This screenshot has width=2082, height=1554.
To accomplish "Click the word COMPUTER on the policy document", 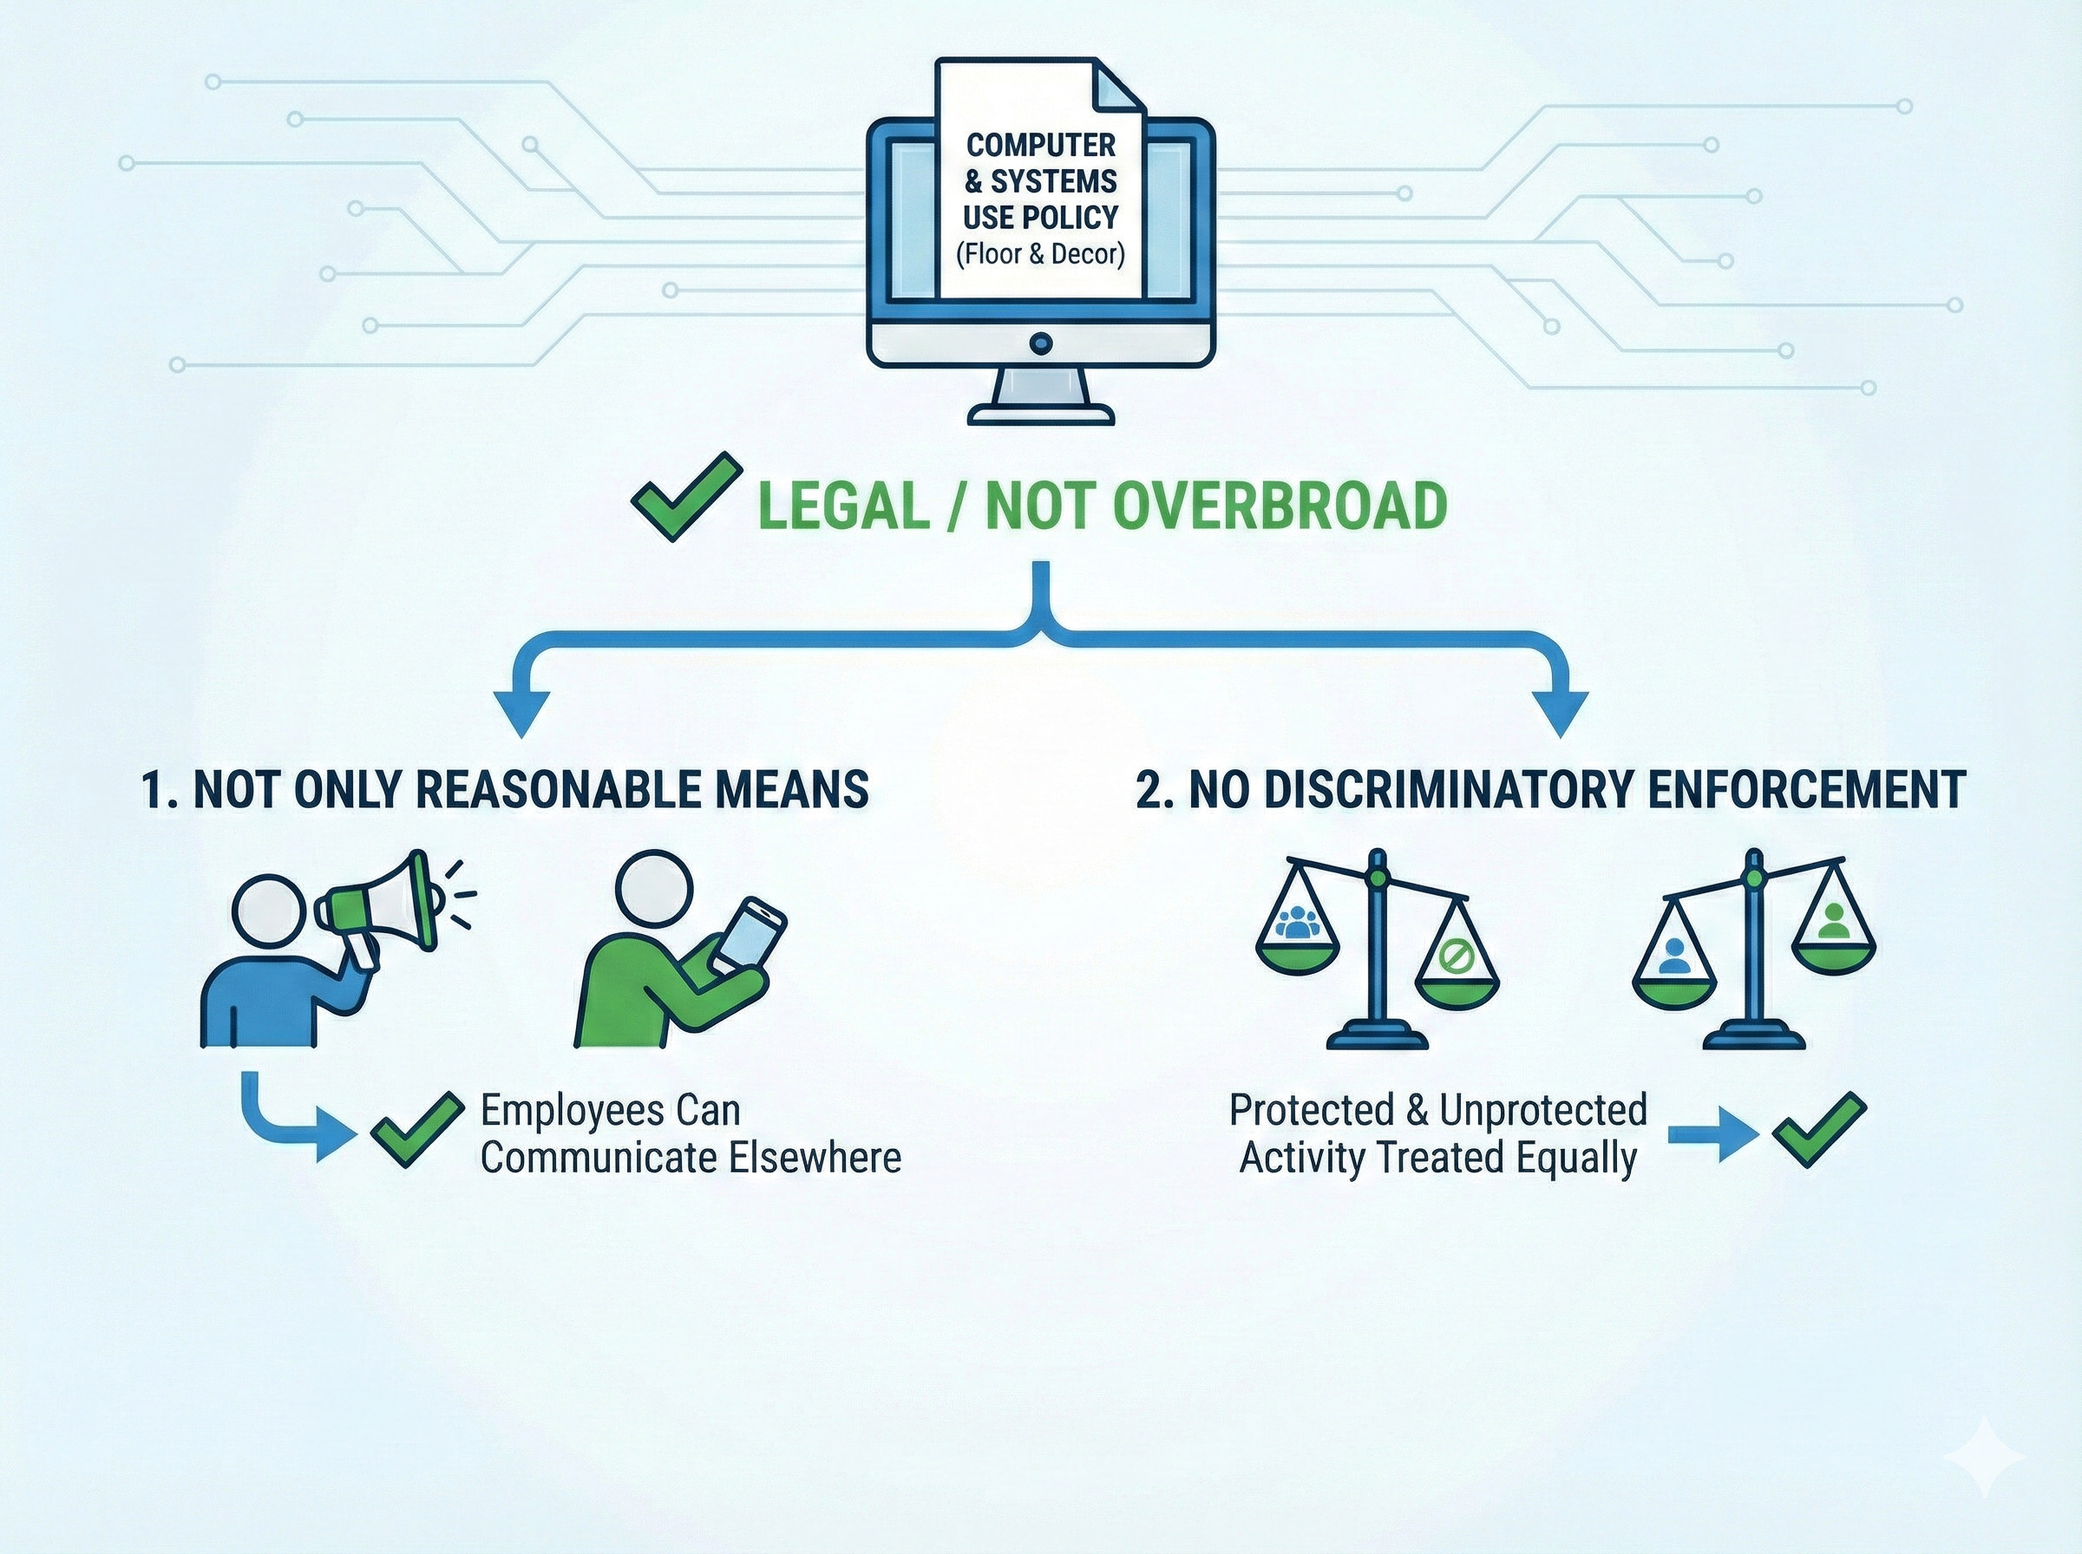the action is [1040, 145].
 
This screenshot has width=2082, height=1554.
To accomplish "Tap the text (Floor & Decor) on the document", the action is [1040, 254].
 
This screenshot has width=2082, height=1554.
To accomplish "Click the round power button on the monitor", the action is [1040, 343].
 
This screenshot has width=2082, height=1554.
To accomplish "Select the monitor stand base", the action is [1040, 414].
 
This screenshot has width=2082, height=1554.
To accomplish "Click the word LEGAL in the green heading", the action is [843, 506].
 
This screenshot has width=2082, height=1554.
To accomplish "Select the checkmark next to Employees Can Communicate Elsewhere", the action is [416, 1128].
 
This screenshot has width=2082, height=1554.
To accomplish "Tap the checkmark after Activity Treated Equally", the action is [1817, 1128].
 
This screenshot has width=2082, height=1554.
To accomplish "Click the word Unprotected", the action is [1543, 1110].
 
